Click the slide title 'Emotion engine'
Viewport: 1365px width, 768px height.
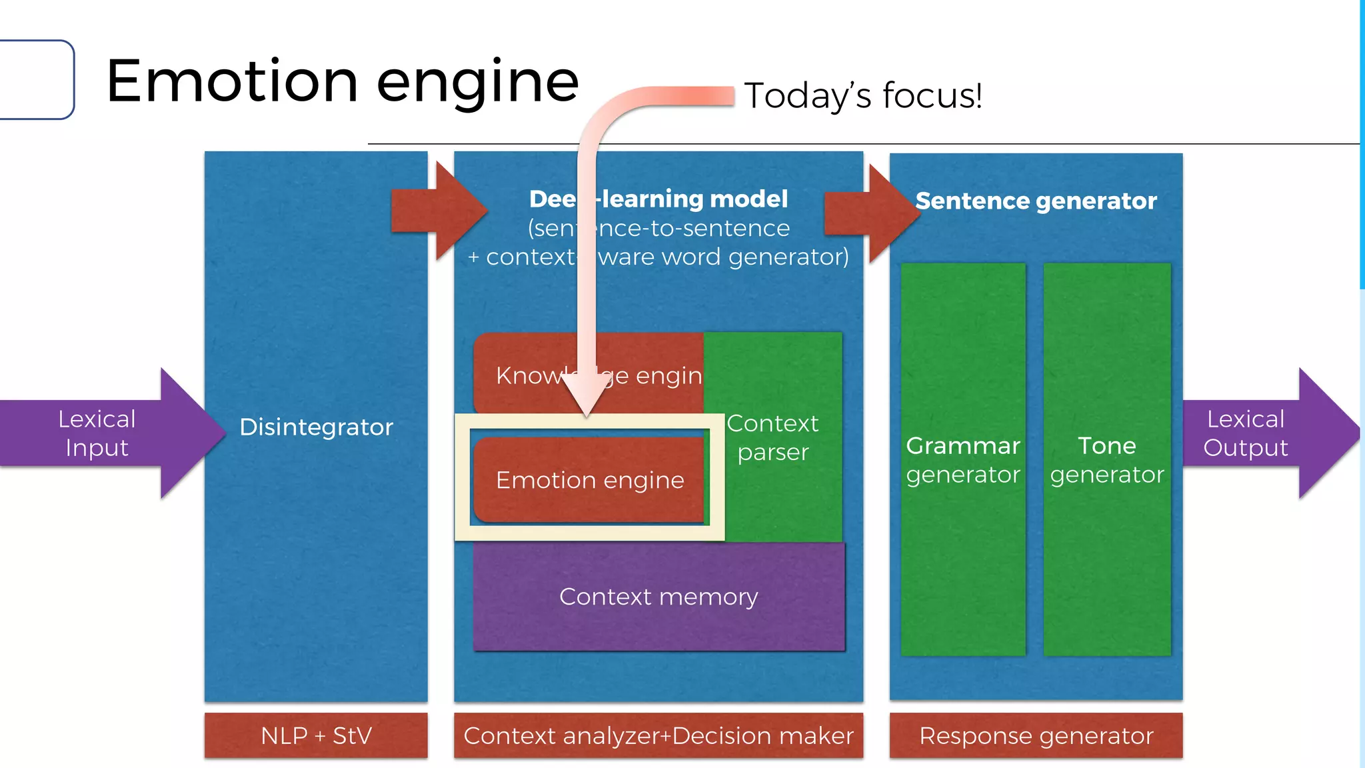[342, 81]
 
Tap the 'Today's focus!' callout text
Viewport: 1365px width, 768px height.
[862, 95]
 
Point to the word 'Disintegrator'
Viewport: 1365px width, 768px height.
[316, 427]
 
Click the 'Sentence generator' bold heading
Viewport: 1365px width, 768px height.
[1036, 201]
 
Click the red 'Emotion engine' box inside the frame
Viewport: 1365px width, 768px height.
[589, 480]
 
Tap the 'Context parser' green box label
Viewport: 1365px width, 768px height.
[772, 437]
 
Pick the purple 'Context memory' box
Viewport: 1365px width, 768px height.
[659, 597]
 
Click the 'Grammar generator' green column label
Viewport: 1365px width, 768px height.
[962, 460]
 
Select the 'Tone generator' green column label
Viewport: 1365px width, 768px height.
[1106, 460]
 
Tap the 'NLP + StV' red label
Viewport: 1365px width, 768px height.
[316, 735]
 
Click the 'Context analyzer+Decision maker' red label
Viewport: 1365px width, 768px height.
[659, 735]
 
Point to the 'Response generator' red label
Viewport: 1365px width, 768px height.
[1036, 735]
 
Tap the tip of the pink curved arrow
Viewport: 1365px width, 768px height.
[587, 412]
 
